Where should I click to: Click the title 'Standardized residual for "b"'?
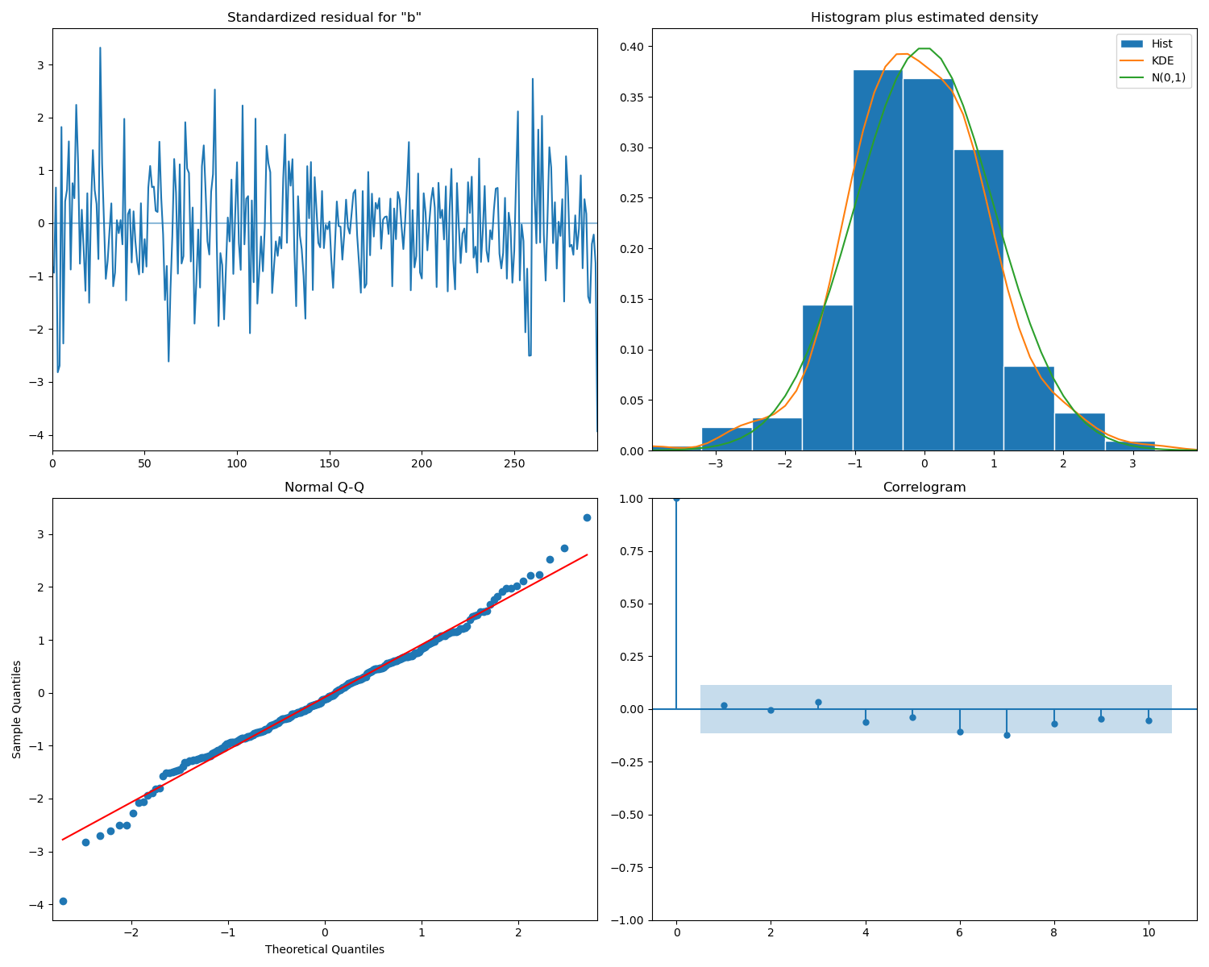click(x=324, y=17)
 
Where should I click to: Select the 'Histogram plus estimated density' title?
click(x=924, y=17)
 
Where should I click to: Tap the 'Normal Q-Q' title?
click(x=324, y=488)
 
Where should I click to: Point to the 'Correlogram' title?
click(x=924, y=488)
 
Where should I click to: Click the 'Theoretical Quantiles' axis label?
click(x=324, y=949)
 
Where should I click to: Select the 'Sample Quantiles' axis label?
click(x=17, y=709)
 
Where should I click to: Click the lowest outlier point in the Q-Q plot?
click(x=63, y=901)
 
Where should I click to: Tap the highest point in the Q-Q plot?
click(x=587, y=517)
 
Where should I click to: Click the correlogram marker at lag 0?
click(x=676, y=498)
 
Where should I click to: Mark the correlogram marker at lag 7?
click(x=1007, y=735)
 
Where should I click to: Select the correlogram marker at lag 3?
click(x=818, y=702)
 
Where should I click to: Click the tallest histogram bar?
click(x=878, y=258)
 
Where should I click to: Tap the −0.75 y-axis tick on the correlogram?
click(x=626, y=868)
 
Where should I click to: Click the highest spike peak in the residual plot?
click(x=100, y=48)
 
